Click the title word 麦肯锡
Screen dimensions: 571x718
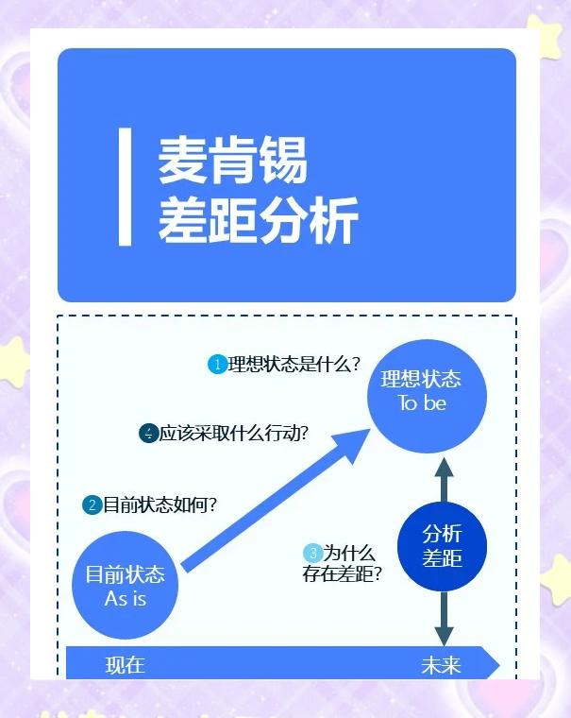(232, 161)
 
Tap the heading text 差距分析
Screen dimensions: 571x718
(258, 221)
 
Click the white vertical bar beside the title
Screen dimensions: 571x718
(125, 187)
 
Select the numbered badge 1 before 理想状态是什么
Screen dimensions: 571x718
(217, 364)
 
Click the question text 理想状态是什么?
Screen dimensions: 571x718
(294, 364)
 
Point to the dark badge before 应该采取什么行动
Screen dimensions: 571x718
(148, 434)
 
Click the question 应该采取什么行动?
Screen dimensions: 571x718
(234, 434)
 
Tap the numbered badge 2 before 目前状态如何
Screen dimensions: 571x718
(92, 504)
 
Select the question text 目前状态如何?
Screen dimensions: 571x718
(160, 504)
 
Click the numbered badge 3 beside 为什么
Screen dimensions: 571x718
(312, 553)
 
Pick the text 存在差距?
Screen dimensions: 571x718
(342, 573)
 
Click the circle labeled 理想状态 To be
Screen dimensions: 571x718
(421, 391)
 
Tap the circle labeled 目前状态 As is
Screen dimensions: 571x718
(125, 586)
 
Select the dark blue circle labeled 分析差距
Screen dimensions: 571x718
(442, 545)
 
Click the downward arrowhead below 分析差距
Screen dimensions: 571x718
(442, 633)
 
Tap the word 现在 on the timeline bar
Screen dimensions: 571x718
(125, 664)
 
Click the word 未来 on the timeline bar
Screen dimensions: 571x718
(441, 665)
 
